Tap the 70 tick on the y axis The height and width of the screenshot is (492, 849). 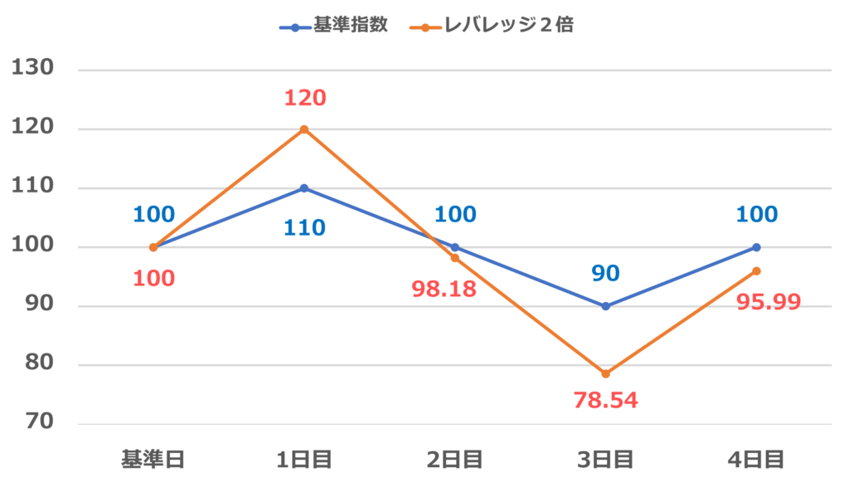point(39,421)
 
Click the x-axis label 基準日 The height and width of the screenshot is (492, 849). point(153,459)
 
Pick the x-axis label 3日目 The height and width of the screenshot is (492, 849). point(606,459)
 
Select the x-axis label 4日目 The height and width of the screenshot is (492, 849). point(757,459)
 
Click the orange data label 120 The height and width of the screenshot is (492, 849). point(304,98)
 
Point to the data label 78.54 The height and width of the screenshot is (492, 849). point(605,401)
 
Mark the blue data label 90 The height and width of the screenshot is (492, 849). point(606,273)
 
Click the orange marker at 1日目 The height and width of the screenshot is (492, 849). point(304,129)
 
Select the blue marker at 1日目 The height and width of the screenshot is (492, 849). point(304,188)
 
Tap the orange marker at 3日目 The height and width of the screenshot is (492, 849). point(606,374)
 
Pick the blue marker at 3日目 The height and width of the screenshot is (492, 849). point(606,306)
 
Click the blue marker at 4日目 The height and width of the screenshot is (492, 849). point(757,247)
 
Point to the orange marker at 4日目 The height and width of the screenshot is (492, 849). point(757,271)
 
